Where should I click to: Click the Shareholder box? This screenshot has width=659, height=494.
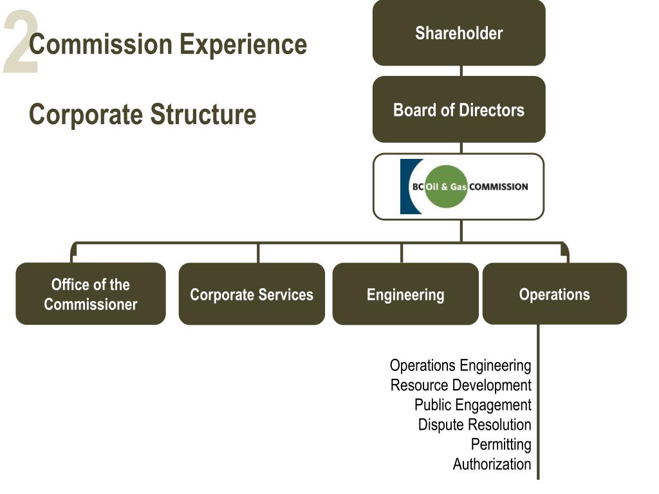459,33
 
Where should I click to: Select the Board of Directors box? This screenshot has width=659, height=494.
459,109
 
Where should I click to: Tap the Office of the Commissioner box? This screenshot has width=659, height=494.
91,293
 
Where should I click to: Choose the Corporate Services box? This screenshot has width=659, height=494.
252,293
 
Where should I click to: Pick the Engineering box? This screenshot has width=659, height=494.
405,293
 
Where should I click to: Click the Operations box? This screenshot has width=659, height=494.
555,293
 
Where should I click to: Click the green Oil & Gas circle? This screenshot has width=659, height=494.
447,187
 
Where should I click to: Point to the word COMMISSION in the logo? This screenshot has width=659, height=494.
499,187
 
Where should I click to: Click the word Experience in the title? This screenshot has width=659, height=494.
243,44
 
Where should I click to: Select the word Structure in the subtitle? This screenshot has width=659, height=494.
203,114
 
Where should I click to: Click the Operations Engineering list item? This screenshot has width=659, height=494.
461,366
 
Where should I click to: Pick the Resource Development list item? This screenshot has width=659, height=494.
461,385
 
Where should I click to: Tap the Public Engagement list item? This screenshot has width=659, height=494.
473,405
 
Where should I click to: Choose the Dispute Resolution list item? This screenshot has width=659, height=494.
475,425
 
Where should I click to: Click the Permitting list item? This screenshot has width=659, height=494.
501,444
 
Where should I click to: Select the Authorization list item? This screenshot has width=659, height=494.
492,464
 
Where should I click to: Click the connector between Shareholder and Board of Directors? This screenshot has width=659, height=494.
461,71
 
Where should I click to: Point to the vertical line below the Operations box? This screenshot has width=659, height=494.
538,401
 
